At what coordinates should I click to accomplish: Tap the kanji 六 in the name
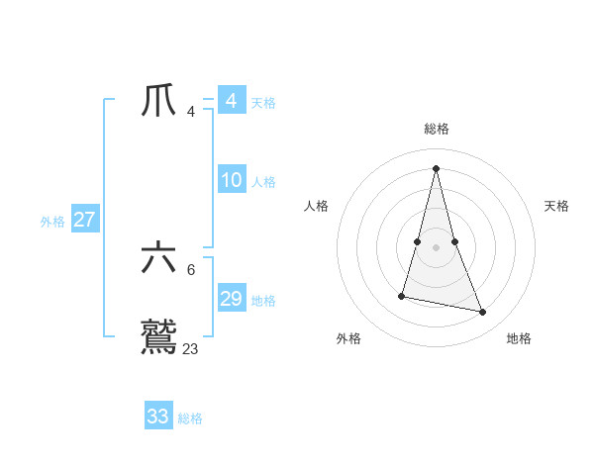(159, 259)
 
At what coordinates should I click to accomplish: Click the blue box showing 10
(231, 180)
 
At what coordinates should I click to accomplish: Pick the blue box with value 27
(84, 220)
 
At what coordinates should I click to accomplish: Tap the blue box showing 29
(231, 299)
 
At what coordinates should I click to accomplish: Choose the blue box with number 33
(158, 417)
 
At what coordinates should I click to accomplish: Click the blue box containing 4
(231, 101)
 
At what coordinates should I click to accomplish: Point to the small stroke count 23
(191, 348)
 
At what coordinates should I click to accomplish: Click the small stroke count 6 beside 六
(191, 269)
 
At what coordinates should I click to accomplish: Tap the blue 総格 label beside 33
(190, 418)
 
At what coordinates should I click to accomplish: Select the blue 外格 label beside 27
(52, 222)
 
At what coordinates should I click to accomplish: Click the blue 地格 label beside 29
(263, 301)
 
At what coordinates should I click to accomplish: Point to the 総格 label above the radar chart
(436, 129)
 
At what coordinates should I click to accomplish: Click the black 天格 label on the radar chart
(557, 206)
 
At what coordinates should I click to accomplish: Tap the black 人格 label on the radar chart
(316, 206)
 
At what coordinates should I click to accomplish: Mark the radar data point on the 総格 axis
(436, 167)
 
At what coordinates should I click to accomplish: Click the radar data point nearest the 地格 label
(483, 313)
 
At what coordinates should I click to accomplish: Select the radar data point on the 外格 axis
(402, 295)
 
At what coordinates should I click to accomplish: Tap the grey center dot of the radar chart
(436, 247)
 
